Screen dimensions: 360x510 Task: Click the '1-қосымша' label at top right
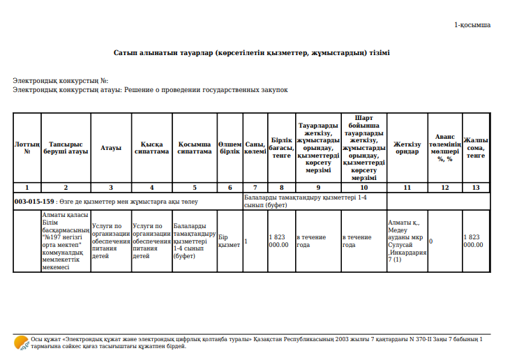pyautogui.click(x=472, y=24)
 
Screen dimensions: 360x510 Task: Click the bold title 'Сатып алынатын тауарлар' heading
pyautogui.click(x=252, y=53)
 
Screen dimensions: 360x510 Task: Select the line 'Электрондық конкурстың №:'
pyautogui.click(x=61, y=82)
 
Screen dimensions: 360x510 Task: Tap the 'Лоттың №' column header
pyautogui.click(x=27, y=147)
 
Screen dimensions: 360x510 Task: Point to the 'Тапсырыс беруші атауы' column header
pyautogui.click(x=66, y=147)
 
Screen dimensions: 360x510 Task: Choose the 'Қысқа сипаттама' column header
pyautogui.click(x=151, y=147)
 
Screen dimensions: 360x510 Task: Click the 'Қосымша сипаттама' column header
pyautogui.click(x=194, y=147)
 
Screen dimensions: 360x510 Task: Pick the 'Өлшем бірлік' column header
pyautogui.click(x=230, y=147)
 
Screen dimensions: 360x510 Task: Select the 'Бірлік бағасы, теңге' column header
pyautogui.click(x=281, y=147)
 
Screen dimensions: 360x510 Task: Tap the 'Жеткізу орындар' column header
pyautogui.click(x=407, y=147)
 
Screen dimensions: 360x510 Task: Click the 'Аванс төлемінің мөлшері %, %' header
pyautogui.click(x=444, y=147)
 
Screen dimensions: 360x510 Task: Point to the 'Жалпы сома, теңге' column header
pyautogui.click(x=476, y=147)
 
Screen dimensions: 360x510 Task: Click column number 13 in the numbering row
pyautogui.click(x=476, y=188)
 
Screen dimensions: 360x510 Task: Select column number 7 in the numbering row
pyautogui.click(x=255, y=188)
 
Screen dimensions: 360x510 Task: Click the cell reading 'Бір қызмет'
pyautogui.click(x=229, y=241)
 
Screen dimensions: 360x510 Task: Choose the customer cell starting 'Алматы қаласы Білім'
pyautogui.click(x=65, y=241)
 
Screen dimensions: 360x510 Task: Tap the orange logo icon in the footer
pyautogui.click(x=22, y=343)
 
